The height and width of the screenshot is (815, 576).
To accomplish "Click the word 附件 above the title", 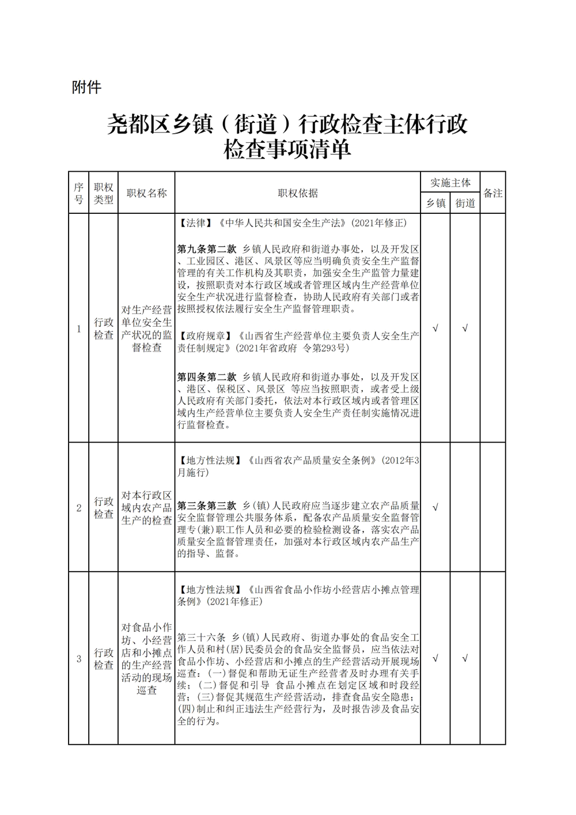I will click(x=86, y=87).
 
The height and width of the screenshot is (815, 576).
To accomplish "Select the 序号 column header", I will click(x=79, y=193).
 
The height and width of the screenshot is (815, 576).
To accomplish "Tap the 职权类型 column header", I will click(x=104, y=193).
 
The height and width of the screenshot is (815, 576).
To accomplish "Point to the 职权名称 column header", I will click(x=146, y=193).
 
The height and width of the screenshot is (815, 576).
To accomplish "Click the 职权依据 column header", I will click(x=297, y=193).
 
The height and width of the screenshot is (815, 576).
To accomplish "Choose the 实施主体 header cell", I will click(x=450, y=182).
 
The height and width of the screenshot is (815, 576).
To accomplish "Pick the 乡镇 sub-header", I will click(x=435, y=203).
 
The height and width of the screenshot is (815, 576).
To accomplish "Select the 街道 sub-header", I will click(x=465, y=203).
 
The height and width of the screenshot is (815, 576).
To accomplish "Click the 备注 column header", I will click(x=492, y=193).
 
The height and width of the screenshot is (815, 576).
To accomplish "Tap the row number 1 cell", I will click(x=79, y=329).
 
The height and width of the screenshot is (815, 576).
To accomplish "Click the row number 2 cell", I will click(x=79, y=508).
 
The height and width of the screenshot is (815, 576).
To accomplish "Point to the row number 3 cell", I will click(x=79, y=659).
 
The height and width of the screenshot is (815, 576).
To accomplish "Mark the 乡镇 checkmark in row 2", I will click(x=435, y=508).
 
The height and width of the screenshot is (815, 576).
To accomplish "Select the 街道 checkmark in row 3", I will click(x=465, y=658).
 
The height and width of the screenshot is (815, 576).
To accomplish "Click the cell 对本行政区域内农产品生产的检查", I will click(x=146, y=508).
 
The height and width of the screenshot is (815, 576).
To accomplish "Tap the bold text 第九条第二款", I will click(x=207, y=249).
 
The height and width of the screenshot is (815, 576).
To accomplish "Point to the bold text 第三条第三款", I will click(x=207, y=505).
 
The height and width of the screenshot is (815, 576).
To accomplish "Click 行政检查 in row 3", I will click(x=104, y=659).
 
